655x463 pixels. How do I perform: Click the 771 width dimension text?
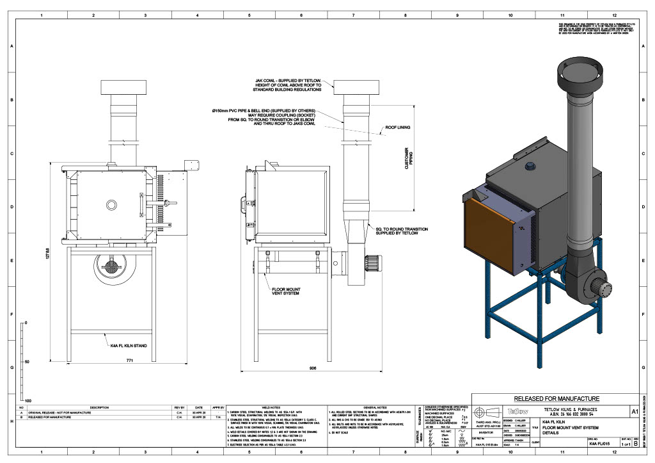113,362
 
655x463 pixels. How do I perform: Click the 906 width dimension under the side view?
312,368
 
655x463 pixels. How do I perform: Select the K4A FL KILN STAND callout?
129,345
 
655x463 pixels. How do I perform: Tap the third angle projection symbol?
488,412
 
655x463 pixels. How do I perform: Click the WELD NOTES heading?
271,407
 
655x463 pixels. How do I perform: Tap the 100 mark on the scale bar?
28,400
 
